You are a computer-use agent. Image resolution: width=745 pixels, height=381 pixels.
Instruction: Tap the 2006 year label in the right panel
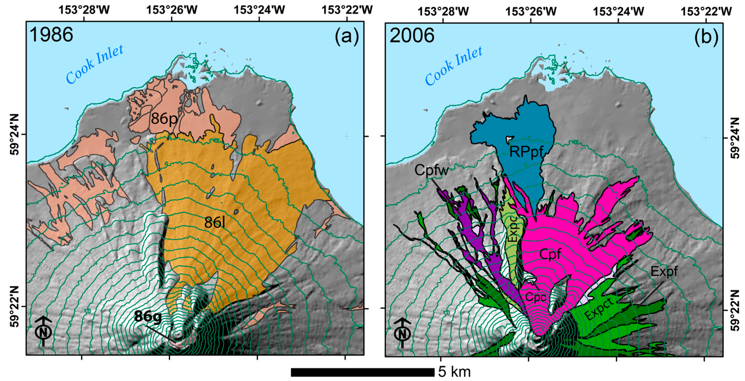(412, 36)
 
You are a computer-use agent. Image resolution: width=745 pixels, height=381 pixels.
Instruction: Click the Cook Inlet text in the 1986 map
(95, 64)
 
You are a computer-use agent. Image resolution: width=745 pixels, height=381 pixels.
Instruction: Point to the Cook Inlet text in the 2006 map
(453, 66)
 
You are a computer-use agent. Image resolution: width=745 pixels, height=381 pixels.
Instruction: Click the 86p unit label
(164, 119)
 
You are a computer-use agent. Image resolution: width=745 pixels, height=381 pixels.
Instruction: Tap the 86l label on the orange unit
(215, 222)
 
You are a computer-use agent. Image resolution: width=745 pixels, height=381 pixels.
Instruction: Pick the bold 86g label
(148, 316)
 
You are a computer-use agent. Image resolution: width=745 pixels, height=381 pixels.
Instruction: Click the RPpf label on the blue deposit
(526, 151)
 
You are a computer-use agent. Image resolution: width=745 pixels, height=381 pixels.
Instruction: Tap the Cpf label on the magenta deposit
(550, 254)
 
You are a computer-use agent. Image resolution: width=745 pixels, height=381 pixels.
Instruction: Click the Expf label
(664, 271)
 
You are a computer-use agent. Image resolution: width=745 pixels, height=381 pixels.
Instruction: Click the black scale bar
(362, 372)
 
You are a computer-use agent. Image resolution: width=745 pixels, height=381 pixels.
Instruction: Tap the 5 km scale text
(454, 372)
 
